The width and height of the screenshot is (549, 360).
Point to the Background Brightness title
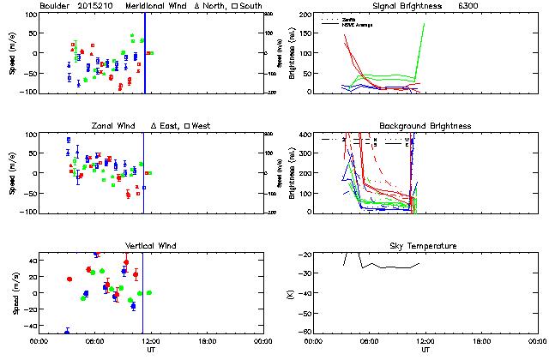(x=425, y=126)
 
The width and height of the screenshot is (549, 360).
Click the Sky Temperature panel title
(x=425, y=246)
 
